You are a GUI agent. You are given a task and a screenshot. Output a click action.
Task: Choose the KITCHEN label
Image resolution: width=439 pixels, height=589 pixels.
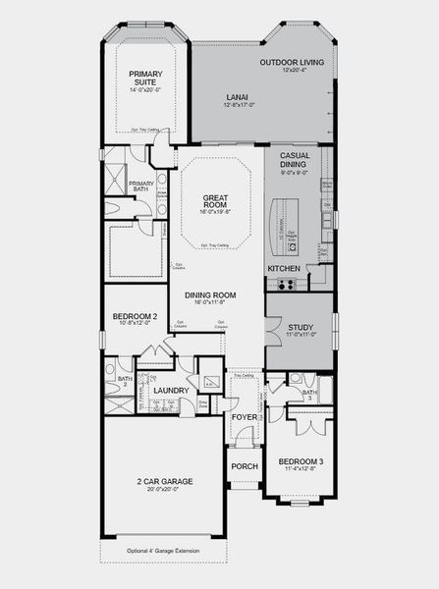point(284,268)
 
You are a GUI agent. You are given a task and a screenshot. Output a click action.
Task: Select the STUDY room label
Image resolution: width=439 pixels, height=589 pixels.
point(300,327)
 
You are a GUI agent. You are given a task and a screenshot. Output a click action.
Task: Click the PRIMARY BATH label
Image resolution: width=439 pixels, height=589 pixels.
point(141,187)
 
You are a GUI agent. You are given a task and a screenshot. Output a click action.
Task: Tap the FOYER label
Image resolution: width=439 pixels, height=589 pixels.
point(243,416)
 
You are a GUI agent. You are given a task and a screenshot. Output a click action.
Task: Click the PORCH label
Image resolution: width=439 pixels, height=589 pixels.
point(244,466)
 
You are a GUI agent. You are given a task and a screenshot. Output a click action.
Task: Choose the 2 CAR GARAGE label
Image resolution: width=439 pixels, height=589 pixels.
point(164,481)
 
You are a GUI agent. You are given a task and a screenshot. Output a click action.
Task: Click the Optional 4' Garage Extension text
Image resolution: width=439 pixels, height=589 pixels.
point(163,552)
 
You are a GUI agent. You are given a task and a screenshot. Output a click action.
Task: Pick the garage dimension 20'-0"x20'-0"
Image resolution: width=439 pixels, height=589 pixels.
point(164,490)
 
